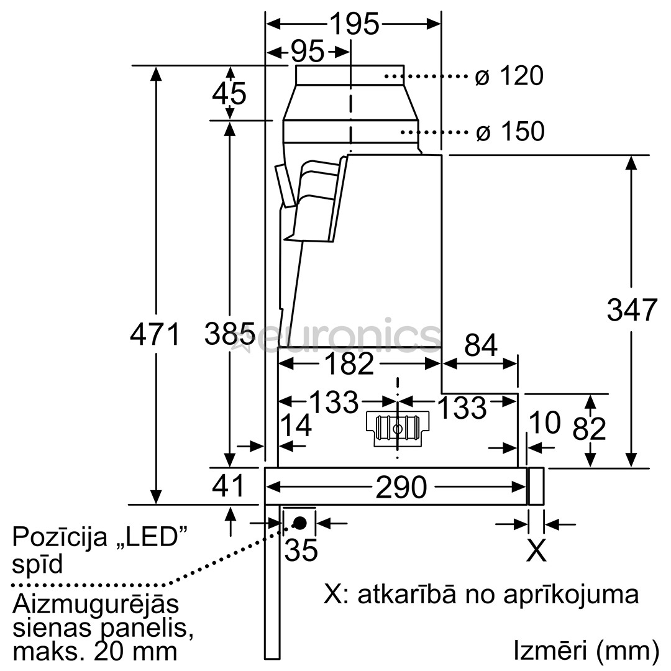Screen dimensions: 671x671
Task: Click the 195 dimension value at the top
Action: tap(354, 24)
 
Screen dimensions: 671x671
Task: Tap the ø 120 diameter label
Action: tap(509, 76)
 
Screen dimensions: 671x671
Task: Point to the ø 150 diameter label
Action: tap(509, 131)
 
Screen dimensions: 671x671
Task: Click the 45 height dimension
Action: tap(229, 93)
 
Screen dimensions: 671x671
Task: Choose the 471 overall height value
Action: tap(155, 335)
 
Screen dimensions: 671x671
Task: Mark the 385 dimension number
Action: tap(229, 335)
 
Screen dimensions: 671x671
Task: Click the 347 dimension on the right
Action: tap(631, 310)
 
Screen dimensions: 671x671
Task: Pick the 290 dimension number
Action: tap(401, 488)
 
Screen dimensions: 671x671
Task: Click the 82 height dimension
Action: tap(589, 428)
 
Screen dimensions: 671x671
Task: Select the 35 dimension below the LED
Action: tap(301, 549)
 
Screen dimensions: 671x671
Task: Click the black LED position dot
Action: tap(299, 523)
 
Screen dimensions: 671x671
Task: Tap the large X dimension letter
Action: tap(536, 550)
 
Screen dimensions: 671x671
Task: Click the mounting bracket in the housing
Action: tap(397, 427)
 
